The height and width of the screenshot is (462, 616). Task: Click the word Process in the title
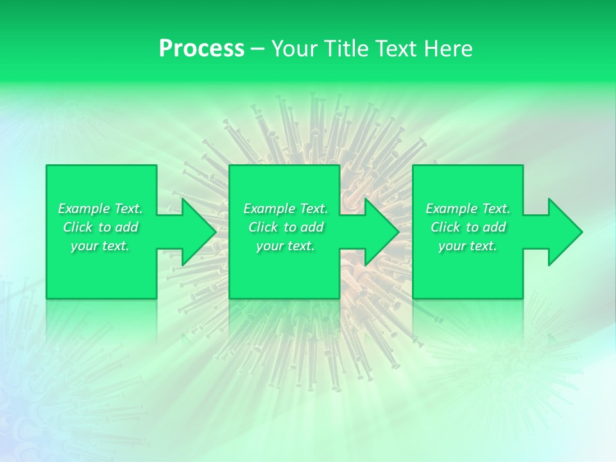click(201, 49)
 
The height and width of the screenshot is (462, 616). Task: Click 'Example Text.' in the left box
click(101, 209)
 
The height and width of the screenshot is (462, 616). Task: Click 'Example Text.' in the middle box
click(286, 209)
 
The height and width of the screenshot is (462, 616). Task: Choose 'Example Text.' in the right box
click(468, 209)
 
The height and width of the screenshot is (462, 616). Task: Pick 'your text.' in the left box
click(101, 246)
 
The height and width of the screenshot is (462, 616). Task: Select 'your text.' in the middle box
click(286, 246)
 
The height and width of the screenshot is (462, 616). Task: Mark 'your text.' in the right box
click(468, 246)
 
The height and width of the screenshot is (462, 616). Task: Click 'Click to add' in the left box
click(101, 227)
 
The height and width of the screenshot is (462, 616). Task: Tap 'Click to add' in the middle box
click(286, 227)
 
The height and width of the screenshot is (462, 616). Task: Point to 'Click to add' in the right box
click(468, 227)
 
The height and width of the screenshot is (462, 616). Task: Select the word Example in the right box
click(452, 209)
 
